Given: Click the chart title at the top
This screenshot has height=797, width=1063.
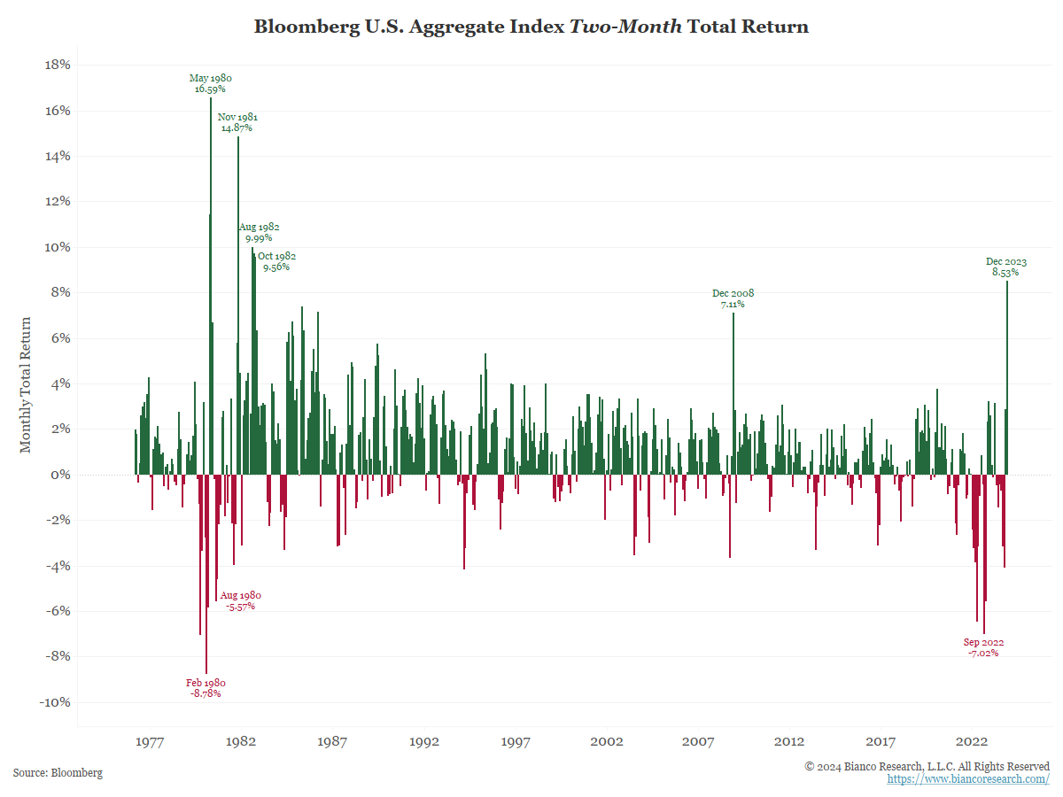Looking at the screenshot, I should point(531,27).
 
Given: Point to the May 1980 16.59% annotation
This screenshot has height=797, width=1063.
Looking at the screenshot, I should point(210,83).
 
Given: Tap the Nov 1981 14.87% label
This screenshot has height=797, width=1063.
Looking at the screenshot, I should point(237,122).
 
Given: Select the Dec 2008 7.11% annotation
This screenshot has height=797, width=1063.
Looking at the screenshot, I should point(733,298).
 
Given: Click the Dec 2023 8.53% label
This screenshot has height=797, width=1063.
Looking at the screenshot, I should point(1006,267).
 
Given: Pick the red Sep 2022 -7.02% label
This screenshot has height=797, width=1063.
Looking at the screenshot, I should point(983,647).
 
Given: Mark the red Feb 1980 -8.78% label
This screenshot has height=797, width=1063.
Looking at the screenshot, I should point(206,688).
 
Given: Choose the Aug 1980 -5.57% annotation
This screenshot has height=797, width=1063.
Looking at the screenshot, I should point(240,601).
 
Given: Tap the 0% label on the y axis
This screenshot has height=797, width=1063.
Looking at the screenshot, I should point(59,475).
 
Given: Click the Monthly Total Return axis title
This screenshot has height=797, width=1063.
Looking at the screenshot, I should point(26,384).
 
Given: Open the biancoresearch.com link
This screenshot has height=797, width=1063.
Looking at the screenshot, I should point(968,779).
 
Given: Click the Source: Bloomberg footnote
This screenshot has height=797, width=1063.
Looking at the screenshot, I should point(58,773).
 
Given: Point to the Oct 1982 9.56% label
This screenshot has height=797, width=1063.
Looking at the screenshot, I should point(276,261).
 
